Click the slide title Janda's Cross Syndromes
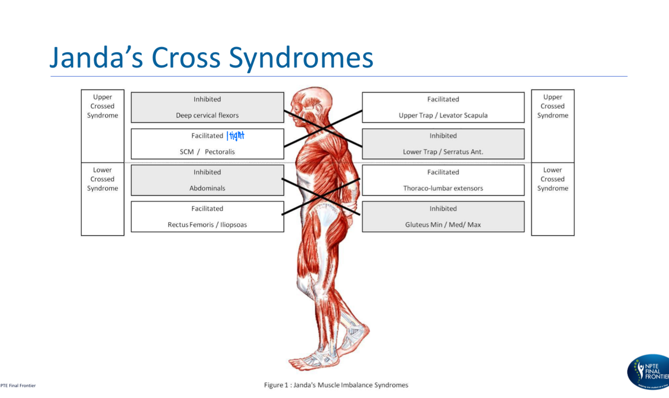pos(211,58)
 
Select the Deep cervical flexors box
pos(207,107)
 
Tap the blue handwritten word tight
pos(236,136)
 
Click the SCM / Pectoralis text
pos(207,151)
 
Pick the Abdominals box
pos(207,180)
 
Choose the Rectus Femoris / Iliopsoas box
pos(207,217)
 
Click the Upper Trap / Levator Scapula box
pos(443,107)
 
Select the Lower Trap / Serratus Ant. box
pos(443,144)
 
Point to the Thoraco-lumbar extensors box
pos(443,180)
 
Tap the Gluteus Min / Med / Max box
pos(443,217)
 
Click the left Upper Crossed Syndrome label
pos(102,106)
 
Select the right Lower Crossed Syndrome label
pos(553,179)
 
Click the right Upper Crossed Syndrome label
pos(553,106)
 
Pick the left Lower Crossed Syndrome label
pos(102,179)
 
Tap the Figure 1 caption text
pos(336,385)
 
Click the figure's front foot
pos(308,359)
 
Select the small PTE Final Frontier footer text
pos(18,385)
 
